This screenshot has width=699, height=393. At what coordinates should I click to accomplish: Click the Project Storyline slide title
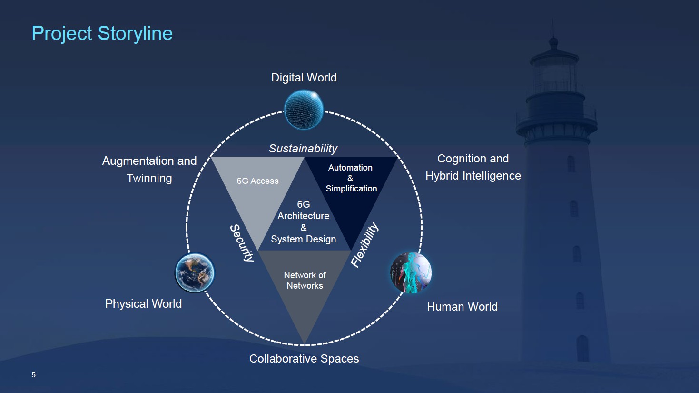[x=102, y=34]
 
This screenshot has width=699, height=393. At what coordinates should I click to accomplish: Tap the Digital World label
[x=304, y=78]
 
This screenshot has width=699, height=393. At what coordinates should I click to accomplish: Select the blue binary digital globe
[x=304, y=110]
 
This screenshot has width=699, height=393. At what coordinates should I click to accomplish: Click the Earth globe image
[x=195, y=273]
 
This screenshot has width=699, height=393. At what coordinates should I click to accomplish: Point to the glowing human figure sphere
[x=411, y=272]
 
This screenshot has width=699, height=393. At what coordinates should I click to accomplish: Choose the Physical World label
[x=143, y=303]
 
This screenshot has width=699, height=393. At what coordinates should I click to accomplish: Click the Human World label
[x=462, y=307]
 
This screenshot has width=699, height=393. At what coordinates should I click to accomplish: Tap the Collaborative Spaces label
[x=304, y=359]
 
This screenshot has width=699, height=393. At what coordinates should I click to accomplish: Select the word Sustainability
[x=303, y=149]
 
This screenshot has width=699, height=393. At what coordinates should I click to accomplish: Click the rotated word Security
[x=242, y=243]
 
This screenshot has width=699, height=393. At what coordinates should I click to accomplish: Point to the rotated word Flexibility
[x=364, y=245]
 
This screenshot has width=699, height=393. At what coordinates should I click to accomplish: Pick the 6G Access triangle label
[x=257, y=181]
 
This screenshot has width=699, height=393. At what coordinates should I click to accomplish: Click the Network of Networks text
[x=305, y=281]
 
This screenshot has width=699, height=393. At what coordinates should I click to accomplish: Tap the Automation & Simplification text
[x=351, y=178]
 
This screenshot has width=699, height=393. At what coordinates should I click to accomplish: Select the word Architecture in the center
[x=303, y=216]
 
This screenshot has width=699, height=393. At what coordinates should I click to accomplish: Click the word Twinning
[x=149, y=178]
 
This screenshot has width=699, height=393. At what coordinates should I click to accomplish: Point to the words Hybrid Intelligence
[x=473, y=176]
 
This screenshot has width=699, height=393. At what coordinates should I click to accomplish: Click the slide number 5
[x=33, y=375]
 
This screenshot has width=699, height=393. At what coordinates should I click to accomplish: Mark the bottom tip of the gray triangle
[x=304, y=343]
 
